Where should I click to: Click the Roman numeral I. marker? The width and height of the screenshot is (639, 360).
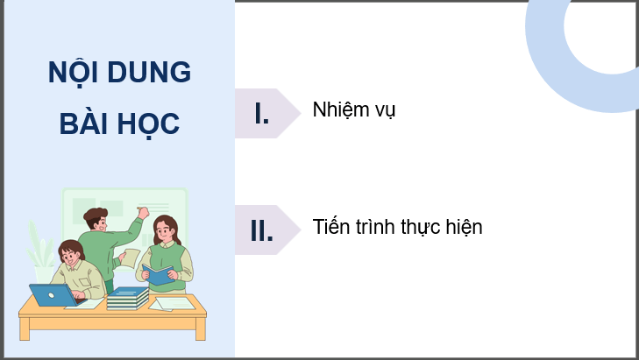261,113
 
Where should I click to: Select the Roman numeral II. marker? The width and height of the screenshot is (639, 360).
261,231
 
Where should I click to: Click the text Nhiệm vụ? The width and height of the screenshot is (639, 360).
354,111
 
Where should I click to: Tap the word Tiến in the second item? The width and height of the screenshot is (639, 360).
331,227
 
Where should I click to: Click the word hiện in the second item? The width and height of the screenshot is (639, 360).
465,227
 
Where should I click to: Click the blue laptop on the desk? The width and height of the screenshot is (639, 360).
52,295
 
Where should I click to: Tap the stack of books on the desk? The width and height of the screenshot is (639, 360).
128,298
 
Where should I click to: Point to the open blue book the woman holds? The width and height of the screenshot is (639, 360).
159,274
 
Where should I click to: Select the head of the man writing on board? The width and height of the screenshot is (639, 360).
96,219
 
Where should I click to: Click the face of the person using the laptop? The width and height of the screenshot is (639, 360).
71,258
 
